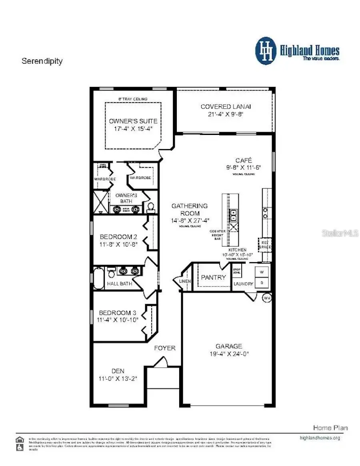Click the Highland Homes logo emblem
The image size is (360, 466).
(266, 51)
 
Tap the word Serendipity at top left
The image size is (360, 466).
(42, 61)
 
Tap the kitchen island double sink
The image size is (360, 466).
(234, 215)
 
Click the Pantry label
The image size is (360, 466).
(214, 277)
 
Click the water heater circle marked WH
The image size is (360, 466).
(267, 298)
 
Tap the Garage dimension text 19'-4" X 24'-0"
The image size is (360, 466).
(229, 354)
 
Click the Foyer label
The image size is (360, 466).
(165, 348)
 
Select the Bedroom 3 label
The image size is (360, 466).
(114, 312)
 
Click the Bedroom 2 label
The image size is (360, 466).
(116, 236)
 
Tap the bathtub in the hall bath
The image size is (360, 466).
(98, 278)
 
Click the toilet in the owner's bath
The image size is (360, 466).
(151, 207)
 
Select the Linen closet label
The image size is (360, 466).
(185, 281)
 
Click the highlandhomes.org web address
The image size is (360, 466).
(320, 438)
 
